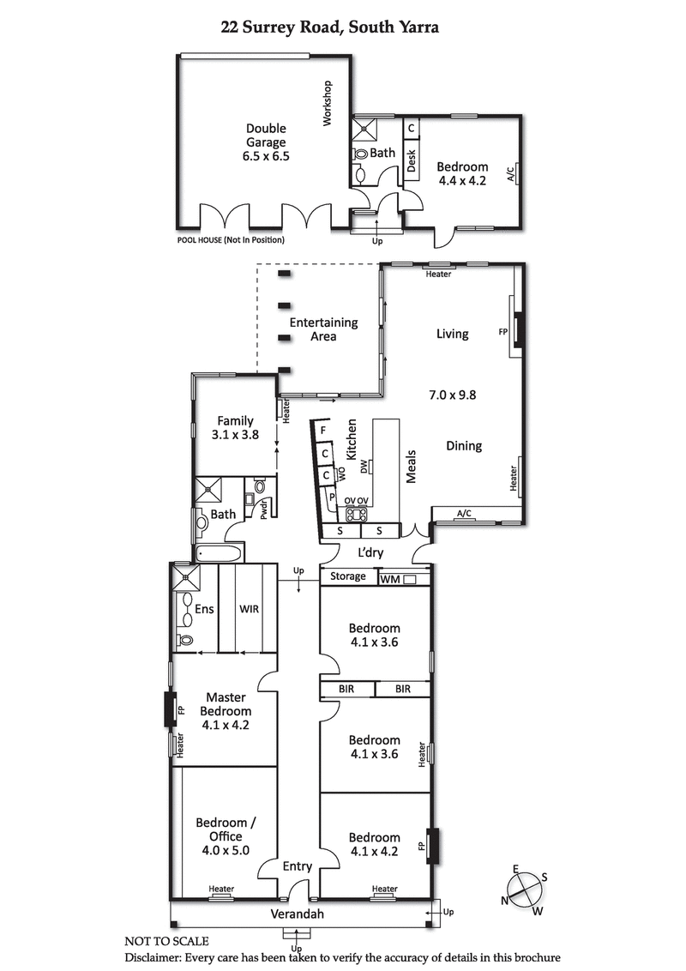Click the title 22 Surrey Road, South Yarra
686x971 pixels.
click(330, 27)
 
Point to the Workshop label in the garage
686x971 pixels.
click(327, 104)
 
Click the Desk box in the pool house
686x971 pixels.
click(411, 160)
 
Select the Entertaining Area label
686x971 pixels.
click(323, 329)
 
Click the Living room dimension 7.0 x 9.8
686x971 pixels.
click(452, 395)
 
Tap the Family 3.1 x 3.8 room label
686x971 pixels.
click(235, 427)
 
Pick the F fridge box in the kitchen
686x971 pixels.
click(323, 431)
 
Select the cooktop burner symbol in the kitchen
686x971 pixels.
click(356, 515)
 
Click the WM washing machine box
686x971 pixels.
click(398, 580)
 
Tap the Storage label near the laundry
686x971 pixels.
click(347, 576)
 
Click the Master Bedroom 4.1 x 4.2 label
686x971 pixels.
click(226, 710)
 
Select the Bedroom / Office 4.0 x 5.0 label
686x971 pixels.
click(225, 836)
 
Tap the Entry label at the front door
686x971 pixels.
click(298, 866)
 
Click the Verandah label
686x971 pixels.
click(298, 914)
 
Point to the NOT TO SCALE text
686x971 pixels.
click(166, 942)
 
